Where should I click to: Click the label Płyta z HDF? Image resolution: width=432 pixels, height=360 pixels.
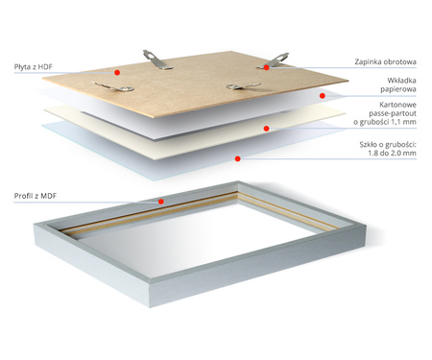pos(33,67)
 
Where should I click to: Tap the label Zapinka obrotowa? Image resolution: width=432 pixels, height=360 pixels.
pos(385,61)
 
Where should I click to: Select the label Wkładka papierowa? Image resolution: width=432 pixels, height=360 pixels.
pos(398,84)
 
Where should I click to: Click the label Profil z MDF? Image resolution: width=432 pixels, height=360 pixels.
pos(36,196)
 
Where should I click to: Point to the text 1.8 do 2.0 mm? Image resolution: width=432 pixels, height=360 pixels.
pos(392,153)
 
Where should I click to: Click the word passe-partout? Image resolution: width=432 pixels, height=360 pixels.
pos(393,113)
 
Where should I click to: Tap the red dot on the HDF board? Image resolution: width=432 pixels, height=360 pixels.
pos(117,73)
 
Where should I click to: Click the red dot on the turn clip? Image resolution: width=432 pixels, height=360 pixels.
pos(266,67)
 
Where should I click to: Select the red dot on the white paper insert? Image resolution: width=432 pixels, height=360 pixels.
pos(323,96)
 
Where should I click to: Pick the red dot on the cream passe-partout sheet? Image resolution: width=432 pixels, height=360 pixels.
pos(266,129)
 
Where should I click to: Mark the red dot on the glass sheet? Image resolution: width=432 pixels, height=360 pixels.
pos(237,158)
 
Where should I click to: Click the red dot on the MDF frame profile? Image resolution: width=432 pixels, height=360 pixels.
pos(161,202)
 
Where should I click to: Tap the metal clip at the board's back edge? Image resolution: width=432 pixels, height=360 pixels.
pos(157,60)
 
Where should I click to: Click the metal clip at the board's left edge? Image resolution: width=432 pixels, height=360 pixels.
pos(112,86)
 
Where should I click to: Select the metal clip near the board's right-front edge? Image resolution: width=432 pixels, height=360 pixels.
pos(244,85)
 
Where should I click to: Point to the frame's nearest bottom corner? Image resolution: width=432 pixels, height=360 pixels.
pos(150,307)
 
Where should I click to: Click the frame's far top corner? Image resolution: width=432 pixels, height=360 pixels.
pos(238,181)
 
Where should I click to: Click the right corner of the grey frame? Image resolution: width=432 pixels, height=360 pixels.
pos(366,226)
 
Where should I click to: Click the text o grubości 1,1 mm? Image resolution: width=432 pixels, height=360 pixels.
pos(385,122)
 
